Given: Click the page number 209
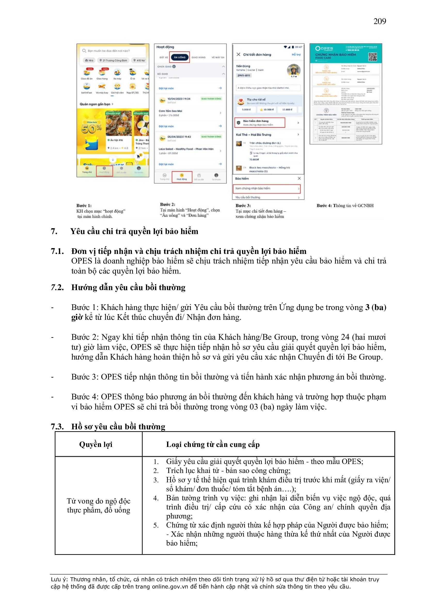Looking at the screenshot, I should click(379, 21).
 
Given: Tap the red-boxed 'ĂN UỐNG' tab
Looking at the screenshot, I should click(180, 57).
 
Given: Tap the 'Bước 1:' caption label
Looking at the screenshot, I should click(84, 205).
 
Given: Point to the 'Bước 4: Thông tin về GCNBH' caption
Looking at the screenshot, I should click(345, 205).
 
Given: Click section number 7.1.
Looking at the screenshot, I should click(57, 251).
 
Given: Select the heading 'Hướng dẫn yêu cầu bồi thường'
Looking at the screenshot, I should click(128, 287).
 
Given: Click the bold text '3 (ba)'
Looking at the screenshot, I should click(375, 307).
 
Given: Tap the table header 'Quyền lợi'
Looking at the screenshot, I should click(96, 444).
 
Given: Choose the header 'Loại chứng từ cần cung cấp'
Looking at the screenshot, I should click(213, 444).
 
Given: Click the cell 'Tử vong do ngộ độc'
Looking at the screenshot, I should click(98, 501).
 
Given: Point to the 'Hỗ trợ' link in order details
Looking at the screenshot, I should click(296, 55).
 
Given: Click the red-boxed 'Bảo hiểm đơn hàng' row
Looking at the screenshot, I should click(259, 123).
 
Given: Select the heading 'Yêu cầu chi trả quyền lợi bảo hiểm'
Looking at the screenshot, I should click(134, 231).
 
